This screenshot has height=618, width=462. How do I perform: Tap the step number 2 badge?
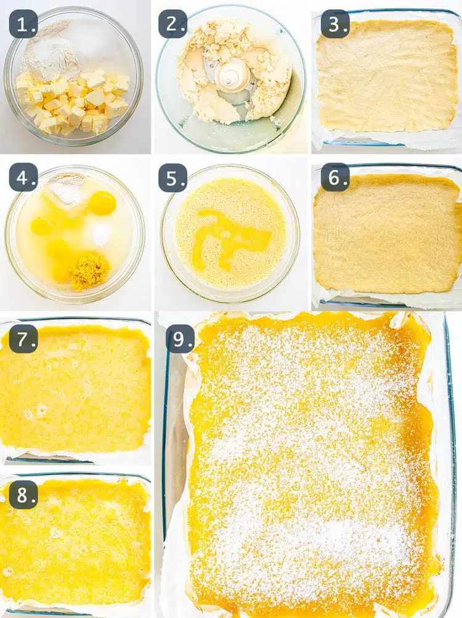pos(173,24)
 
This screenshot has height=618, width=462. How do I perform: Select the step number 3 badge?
pos(335,24)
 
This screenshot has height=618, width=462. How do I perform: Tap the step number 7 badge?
pos(23,338)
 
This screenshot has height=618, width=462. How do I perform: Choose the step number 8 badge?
pos(23,494)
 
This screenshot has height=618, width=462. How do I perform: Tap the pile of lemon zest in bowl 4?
pos(89,271)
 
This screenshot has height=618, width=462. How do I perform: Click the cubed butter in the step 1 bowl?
pos(74,102)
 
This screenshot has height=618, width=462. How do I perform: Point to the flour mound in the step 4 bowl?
pos(67,188)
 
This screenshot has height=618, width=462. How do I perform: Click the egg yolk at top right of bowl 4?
pos(102,202)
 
